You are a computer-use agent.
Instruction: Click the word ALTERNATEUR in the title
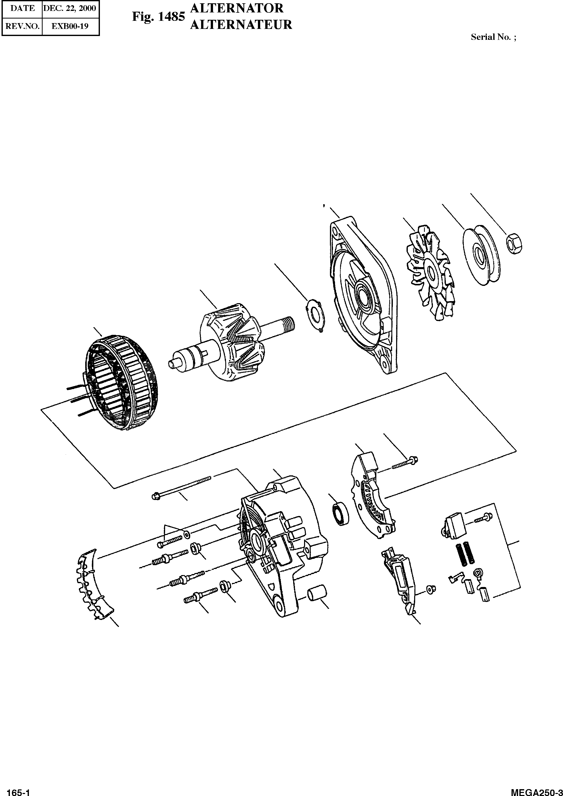241,25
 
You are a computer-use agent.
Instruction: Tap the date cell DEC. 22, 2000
70,8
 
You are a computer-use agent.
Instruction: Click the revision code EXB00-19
70,26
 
